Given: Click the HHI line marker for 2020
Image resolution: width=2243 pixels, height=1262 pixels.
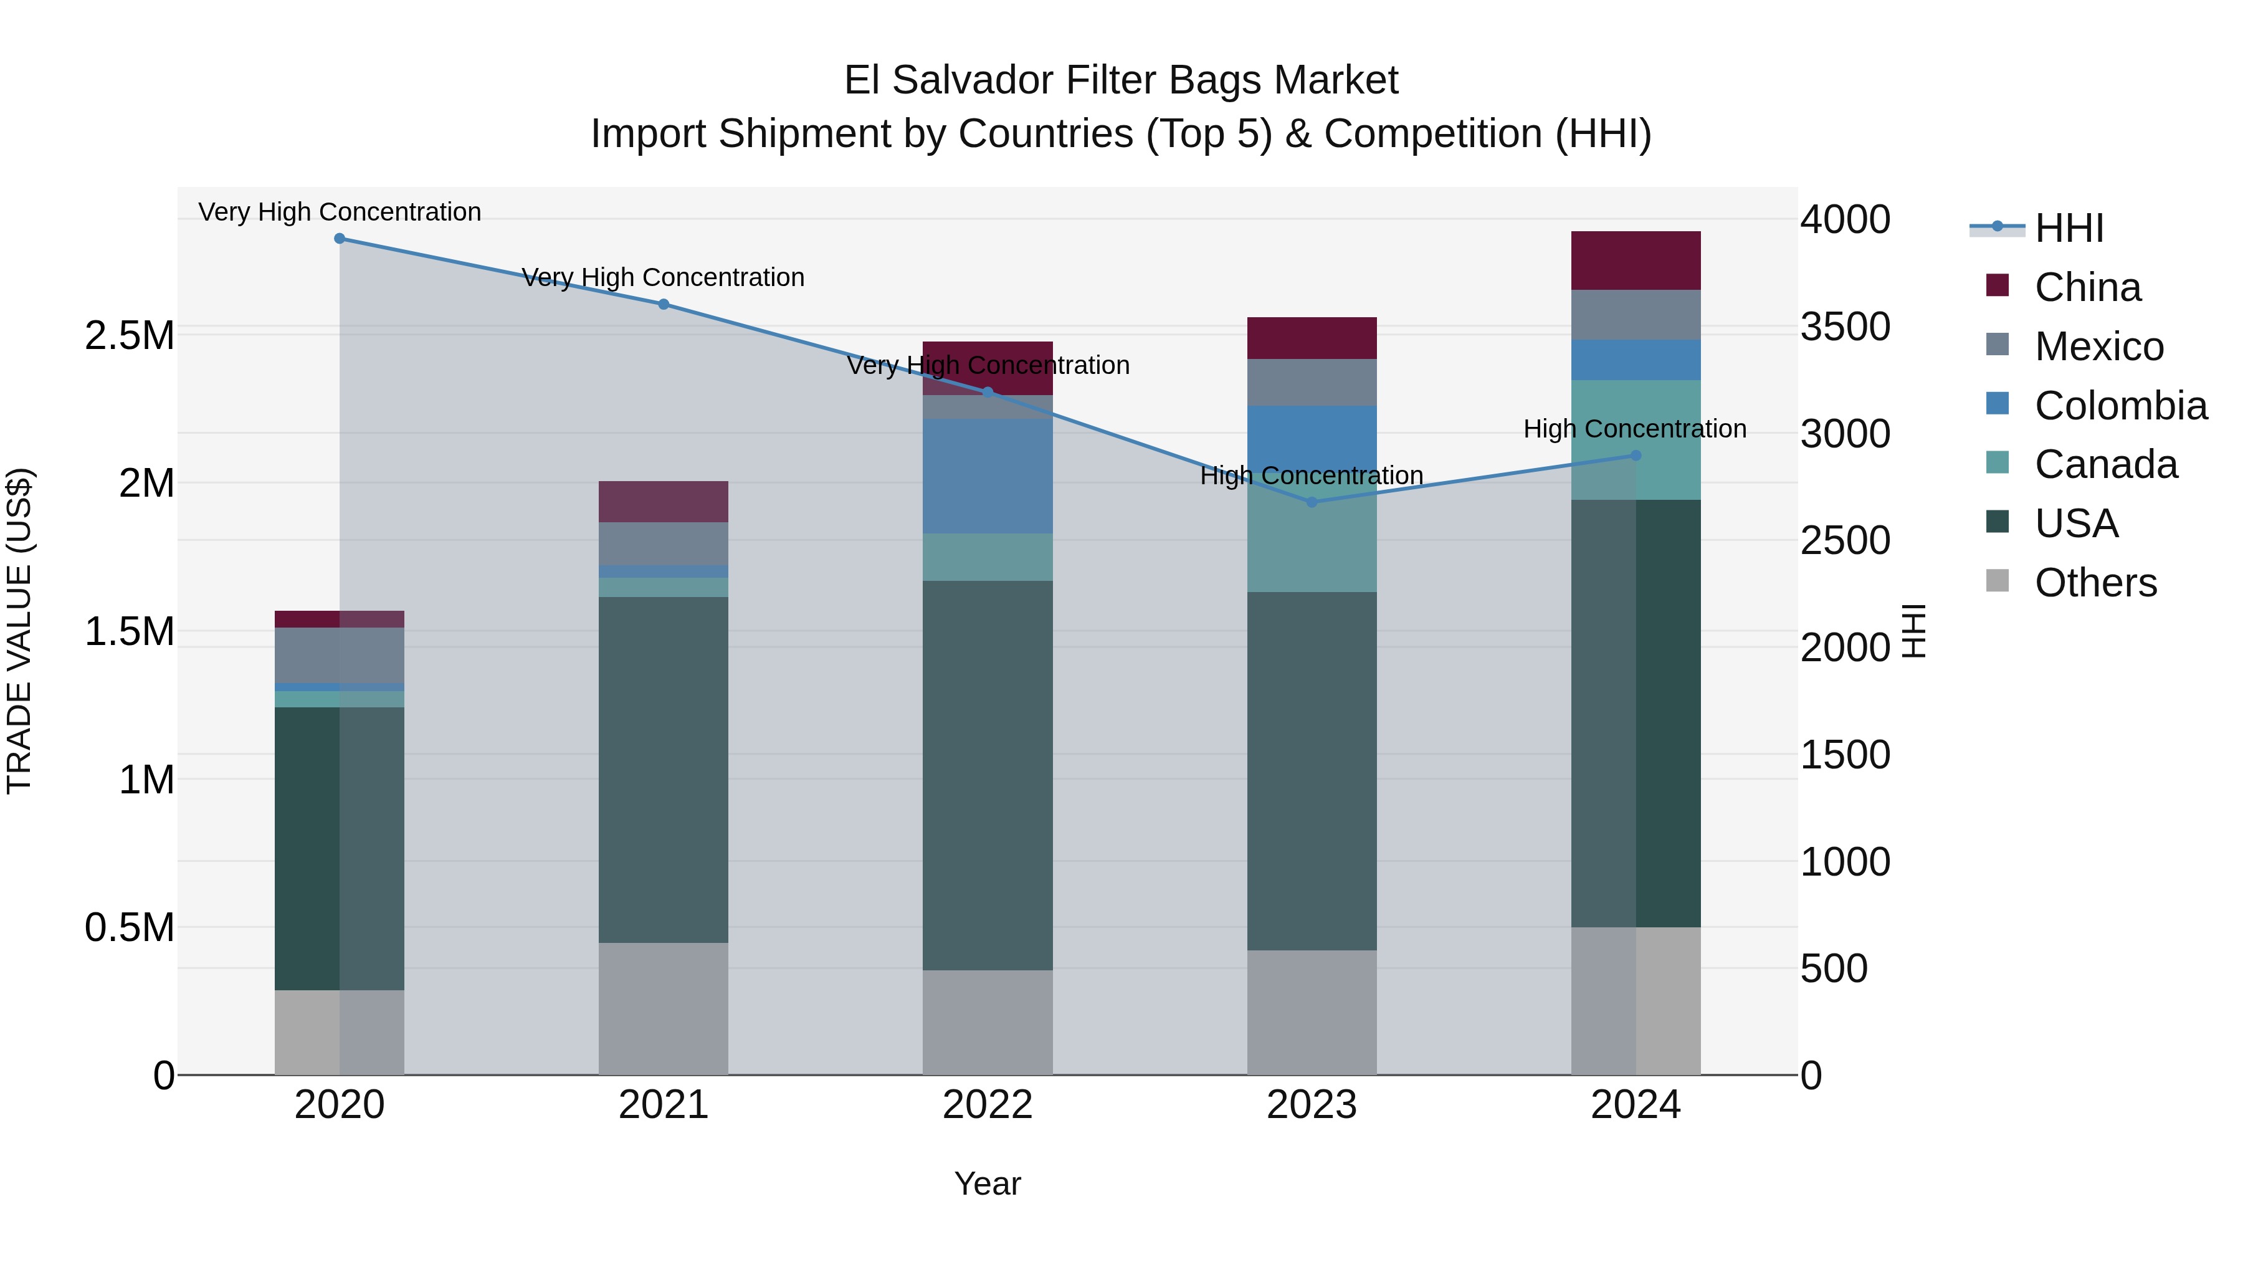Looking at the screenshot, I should pyautogui.click(x=340, y=239).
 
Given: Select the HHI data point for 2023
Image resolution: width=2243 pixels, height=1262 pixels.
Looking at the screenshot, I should pyautogui.click(x=1312, y=502).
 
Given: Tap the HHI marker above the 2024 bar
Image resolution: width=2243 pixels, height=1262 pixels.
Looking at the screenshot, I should pyautogui.click(x=1636, y=456).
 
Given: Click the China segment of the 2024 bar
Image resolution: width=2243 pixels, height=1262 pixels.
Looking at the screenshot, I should pyautogui.click(x=1636, y=261).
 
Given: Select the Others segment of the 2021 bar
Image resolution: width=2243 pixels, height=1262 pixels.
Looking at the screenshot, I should pyautogui.click(x=664, y=1008).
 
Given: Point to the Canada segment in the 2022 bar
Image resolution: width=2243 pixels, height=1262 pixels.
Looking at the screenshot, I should pyautogui.click(x=988, y=557).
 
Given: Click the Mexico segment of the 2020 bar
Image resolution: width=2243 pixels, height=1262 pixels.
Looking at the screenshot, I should pyautogui.click(x=340, y=655).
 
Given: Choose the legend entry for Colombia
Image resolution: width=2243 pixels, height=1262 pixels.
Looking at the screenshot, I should pyautogui.click(x=2120, y=406).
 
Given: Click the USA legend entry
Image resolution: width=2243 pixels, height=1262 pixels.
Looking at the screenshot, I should pyautogui.click(x=2076, y=523).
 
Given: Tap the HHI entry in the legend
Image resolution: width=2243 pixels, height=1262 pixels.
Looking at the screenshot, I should pyautogui.click(x=2069, y=228).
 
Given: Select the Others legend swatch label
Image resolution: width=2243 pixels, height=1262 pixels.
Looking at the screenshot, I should pyautogui.click(x=2095, y=583).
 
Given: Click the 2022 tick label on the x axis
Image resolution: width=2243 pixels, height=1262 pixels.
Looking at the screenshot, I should pyautogui.click(x=988, y=1105).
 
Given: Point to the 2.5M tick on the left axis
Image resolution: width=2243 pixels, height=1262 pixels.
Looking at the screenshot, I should pyautogui.click(x=130, y=335).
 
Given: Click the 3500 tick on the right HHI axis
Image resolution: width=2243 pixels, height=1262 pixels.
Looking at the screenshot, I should pyautogui.click(x=1845, y=327).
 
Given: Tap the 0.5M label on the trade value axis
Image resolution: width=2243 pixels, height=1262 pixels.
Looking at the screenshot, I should pyautogui.click(x=130, y=927).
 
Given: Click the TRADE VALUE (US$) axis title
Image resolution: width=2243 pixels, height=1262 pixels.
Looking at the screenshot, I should pyautogui.click(x=19, y=631).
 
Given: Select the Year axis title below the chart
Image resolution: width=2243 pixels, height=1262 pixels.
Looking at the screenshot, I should pyautogui.click(x=988, y=1183).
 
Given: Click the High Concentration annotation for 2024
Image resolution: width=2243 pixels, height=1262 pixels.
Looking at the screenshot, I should pyautogui.click(x=1634, y=429).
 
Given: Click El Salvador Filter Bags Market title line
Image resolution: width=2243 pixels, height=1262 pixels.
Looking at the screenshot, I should pyautogui.click(x=1121, y=80).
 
